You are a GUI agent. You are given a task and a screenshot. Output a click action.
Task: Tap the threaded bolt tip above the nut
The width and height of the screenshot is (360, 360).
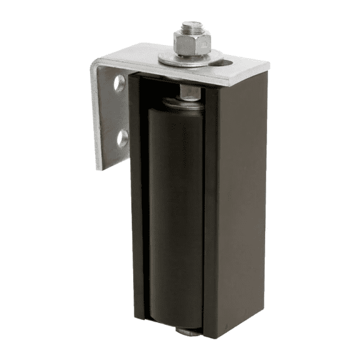[x=190, y=27]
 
